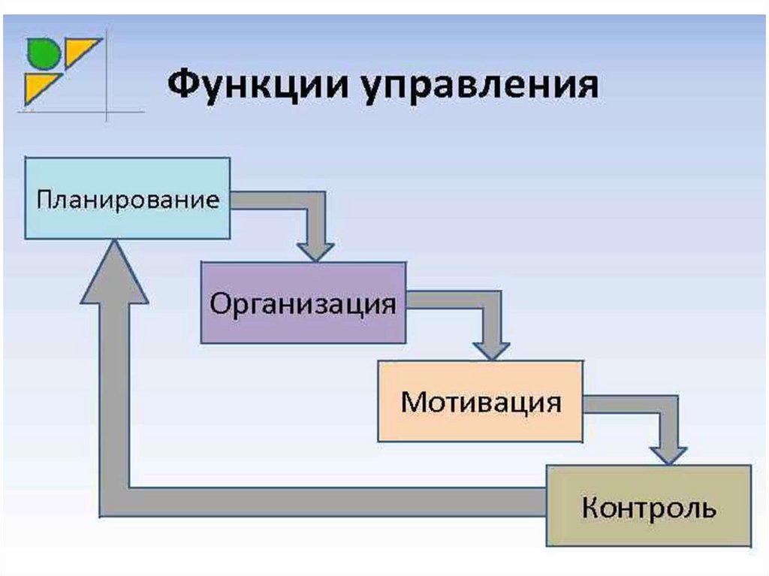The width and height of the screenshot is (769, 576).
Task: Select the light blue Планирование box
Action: [x=128, y=198]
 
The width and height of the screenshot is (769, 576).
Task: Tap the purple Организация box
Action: [x=303, y=303]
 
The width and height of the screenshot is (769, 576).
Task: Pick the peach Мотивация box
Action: [x=481, y=401]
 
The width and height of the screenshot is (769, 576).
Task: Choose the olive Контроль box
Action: [x=649, y=506]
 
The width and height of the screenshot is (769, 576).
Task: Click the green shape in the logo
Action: [x=43, y=53]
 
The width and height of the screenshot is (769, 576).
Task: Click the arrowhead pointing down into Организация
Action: [x=316, y=252]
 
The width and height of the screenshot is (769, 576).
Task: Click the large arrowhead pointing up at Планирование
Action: [x=114, y=273]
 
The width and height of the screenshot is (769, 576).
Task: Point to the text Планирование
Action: [x=128, y=201]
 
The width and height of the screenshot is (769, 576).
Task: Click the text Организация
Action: [x=303, y=305]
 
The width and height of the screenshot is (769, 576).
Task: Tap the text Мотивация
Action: [x=481, y=403]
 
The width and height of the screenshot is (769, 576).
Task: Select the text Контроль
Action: [x=649, y=508]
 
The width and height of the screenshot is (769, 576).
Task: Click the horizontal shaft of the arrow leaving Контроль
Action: [x=323, y=502]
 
